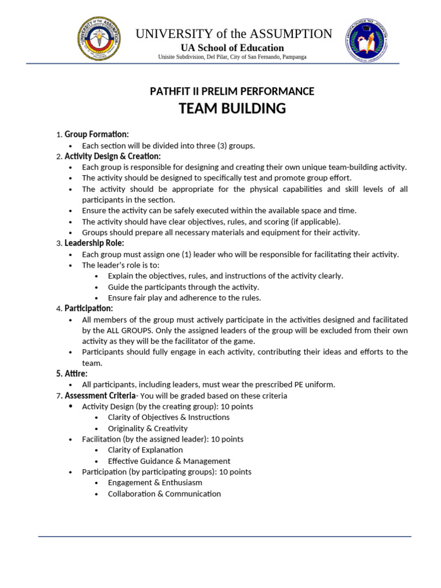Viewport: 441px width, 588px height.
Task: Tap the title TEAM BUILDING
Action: pyautogui.click(x=232, y=109)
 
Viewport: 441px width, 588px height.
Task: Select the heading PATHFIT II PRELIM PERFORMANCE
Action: pyautogui.click(x=232, y=91)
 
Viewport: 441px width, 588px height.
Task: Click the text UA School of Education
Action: pyautogui.click(x=232, y=48)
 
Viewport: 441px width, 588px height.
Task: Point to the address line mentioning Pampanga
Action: pyautogui.click(x=232, y=57)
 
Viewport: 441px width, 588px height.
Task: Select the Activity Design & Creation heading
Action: pyautogui.click(x=113, y=156)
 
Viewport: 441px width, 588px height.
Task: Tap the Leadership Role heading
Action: pyautogui.click(x=94, y=243)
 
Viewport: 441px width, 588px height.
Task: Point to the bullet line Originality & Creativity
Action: pyautogui.click(x=148, y=428)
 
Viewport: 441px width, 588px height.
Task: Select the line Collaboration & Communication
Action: pyautogui.click(x=164, y=494)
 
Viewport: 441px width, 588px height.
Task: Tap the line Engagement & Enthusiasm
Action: pyautogui.click(x=154, y=483)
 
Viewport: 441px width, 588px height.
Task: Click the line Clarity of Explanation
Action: pyautogui.click(x=145, y=450)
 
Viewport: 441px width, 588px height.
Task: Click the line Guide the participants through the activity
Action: pyautogui.click(x=183, y=287)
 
